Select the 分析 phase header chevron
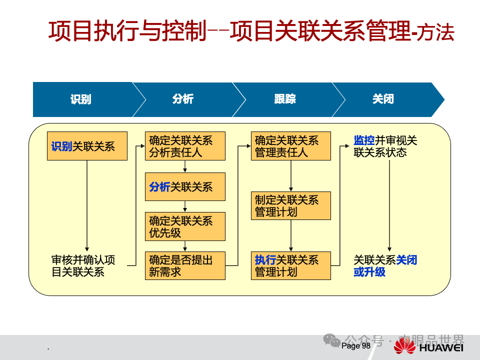pos(183,99)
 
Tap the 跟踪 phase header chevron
pos(284,99)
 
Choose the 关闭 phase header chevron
pos(383,99)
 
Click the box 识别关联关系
pos(87,146)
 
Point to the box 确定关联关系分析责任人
pos(185,146)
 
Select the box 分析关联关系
pos(185,187)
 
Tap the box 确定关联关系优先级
pos(185,226)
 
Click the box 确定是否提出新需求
pos(185,265)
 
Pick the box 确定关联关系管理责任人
pos(290,146)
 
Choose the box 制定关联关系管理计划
pos(290,205)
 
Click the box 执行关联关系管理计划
pos(290,265)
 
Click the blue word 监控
pos(364,140)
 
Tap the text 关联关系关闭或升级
pos(385,265)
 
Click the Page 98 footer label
pos(356,346)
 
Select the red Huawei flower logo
pos(405,346)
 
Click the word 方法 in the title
pos(438,33)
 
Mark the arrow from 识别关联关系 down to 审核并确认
pos(87,205)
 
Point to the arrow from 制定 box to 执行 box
pos(290,235)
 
